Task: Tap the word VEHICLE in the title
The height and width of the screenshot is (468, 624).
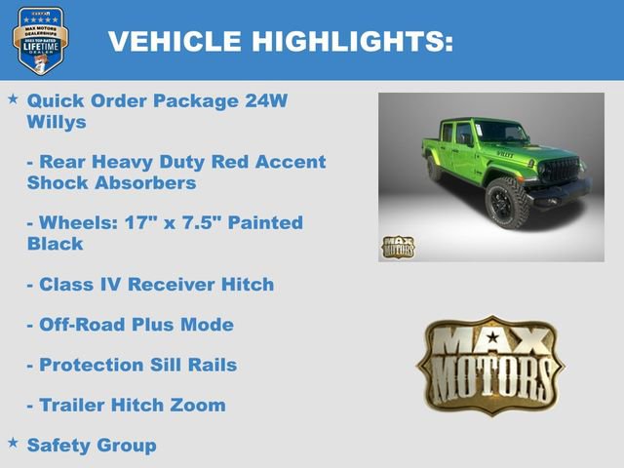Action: point(175,41)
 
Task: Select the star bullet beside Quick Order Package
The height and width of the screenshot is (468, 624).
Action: point(13,99)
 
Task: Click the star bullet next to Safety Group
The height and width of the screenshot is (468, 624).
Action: point(13,444)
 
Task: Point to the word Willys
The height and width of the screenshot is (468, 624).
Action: point(57,123)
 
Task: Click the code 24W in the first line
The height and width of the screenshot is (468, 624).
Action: point(265,100)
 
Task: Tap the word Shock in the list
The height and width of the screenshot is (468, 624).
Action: point(58,182)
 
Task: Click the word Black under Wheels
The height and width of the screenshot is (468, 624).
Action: point(55,244)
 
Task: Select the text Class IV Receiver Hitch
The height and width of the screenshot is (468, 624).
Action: point(156,285)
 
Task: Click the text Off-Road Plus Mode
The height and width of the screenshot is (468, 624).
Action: point(136,325)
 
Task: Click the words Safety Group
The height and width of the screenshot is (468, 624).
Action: point(92,446)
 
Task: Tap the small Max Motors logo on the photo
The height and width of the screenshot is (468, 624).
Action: point(398,247)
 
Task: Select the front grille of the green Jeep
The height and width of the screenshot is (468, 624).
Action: point(565,169)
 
